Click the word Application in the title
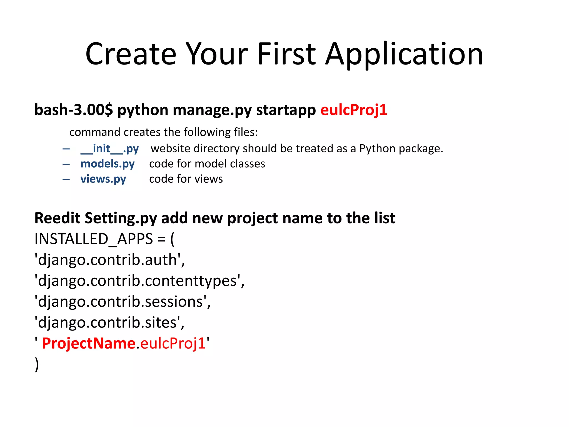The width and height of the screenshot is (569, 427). (404, 54)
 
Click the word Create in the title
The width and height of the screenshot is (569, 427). (131, 54)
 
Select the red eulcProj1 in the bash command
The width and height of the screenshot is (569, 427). (354, 110)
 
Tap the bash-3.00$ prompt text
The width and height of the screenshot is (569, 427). (74, 110)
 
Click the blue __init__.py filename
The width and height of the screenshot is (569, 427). (109, 149)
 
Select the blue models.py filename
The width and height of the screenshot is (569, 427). (108, 164)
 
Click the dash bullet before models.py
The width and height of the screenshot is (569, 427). (66, 164)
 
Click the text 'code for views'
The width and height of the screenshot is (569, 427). (186, 179)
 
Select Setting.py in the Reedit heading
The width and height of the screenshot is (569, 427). (121, 218)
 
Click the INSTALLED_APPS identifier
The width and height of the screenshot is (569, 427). (94, 239)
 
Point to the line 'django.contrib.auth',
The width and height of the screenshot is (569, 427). (109, 260)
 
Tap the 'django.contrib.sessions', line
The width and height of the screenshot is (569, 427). (123, 302)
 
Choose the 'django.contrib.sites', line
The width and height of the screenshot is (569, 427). (109, 323)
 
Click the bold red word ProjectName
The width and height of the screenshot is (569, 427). (89, 343)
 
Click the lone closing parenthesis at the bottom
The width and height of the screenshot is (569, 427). (37, 364)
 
